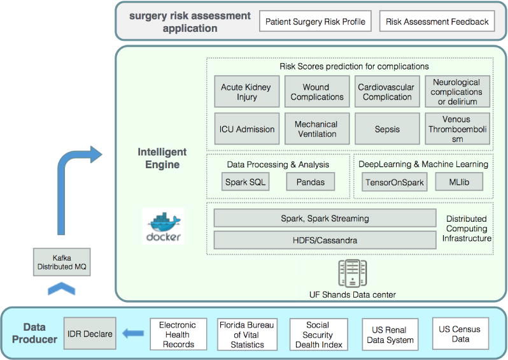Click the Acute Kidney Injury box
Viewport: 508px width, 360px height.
click(244, 92)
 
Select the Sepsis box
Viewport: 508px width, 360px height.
click(387, 129)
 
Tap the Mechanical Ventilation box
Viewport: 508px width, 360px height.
click(316, 129)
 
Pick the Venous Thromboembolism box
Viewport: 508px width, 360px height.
click(457, 129)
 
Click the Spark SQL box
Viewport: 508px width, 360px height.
click(246, 182)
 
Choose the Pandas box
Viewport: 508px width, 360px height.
click(310, 182)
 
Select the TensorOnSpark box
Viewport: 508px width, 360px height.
click(394, 182)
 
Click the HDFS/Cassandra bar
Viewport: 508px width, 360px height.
click(325, 240)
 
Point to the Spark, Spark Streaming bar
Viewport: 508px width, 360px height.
click(325, 218)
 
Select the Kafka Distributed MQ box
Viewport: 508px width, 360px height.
click(62, 263)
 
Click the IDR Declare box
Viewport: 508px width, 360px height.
click(90, 334)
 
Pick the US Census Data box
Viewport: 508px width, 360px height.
click(460, 334)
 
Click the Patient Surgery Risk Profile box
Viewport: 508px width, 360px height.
click(315, 21)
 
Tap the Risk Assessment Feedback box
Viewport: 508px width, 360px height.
click(437, 21)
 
